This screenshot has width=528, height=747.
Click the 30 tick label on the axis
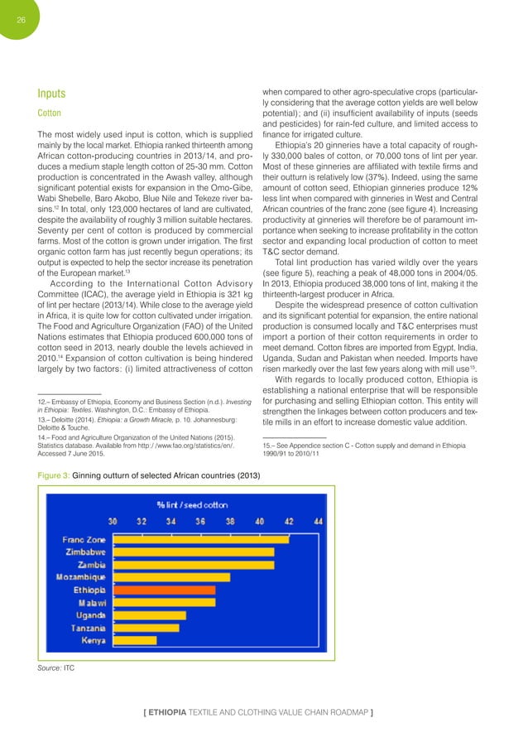pos(113,522)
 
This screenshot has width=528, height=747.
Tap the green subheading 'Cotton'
pos(40,114)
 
